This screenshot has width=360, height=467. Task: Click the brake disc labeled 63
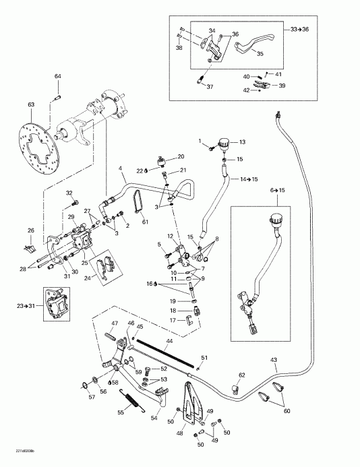point(40,146)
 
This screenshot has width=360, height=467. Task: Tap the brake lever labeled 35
point(259,46)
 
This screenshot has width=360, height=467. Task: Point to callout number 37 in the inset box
point(209,87)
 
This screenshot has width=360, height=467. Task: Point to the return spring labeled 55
point(130,402)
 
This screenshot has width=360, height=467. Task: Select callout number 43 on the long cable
point(274,361)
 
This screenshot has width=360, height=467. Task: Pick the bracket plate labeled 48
point(192,404)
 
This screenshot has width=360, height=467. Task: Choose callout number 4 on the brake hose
point(121,168)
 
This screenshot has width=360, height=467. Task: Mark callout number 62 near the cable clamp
point(242,374)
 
